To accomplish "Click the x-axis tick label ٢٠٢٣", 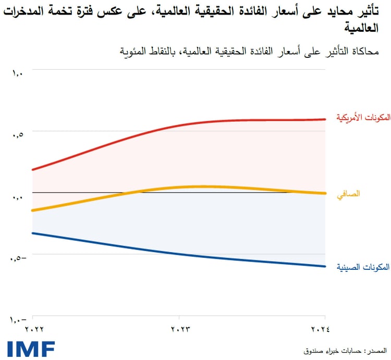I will click(x=179, y=329).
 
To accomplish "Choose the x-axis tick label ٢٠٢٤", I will click(x=325, y=329).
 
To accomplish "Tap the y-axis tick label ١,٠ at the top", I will click(x=17, y=73).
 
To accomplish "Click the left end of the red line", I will click(x=33, y=169).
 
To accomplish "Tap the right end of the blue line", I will click(x=324, y=266).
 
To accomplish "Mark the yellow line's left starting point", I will click(x=33, y=210).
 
